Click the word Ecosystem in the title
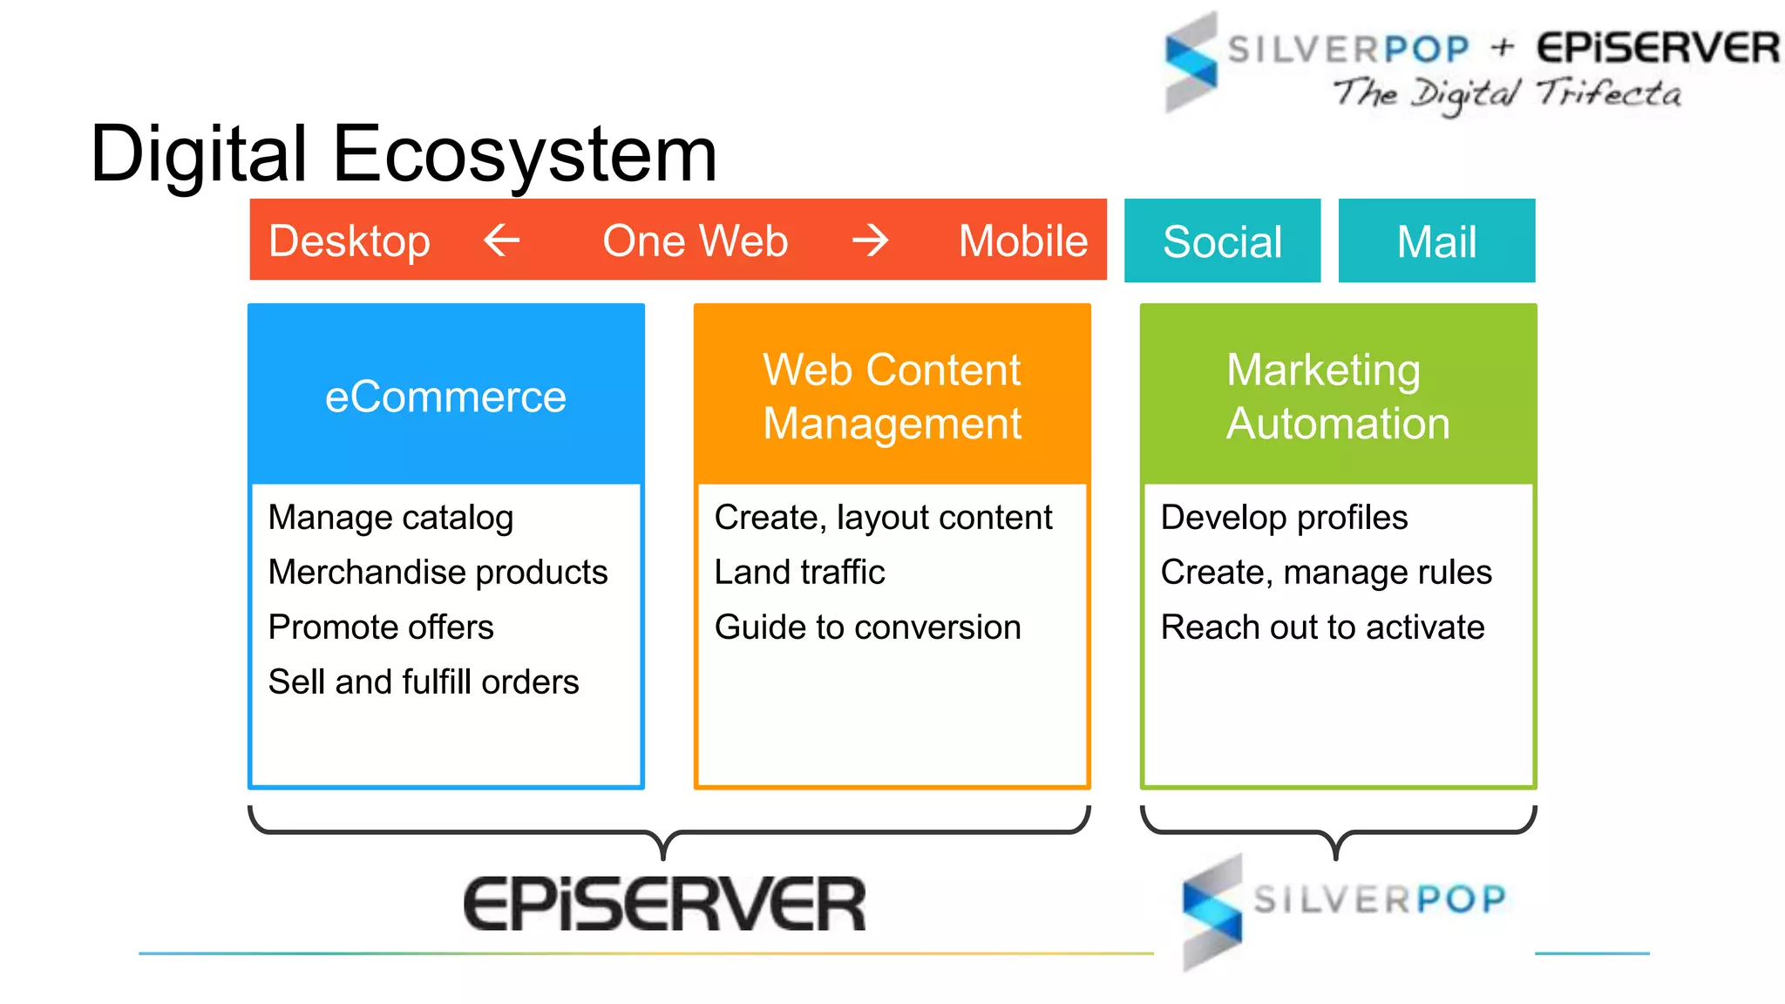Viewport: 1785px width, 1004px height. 525,155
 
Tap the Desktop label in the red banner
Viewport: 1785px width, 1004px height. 350,241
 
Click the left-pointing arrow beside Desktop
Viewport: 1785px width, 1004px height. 502,240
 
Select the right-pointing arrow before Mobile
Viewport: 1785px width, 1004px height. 870,240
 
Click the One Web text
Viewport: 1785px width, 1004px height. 695,241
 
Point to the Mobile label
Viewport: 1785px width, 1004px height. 1022,241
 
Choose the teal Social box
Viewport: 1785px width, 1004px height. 1222,241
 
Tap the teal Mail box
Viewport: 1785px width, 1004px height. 1436,241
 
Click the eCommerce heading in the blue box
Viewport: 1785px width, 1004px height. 445,397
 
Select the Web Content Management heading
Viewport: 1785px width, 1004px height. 892,397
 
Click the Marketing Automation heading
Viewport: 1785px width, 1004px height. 1337,397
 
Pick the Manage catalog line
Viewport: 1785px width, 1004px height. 390,518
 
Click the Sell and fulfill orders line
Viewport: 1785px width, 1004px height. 424,682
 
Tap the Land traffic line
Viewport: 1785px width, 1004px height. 799,573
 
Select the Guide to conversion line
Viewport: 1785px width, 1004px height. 867,627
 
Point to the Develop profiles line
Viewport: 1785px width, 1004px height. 1284,518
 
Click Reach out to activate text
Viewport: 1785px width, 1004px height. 1322,627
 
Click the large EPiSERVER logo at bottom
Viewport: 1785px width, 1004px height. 664,904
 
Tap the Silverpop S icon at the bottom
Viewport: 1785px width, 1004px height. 1212,911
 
